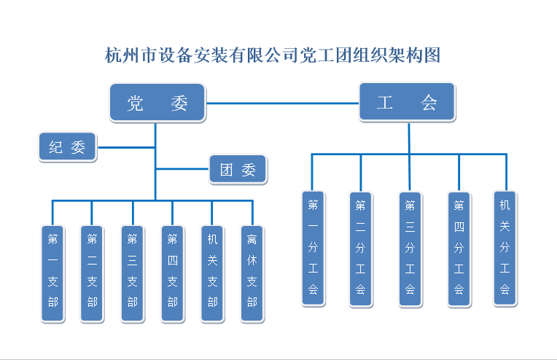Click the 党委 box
tap(157, 103)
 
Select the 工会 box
tap(407, 101)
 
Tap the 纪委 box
tap(67, 147)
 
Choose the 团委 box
tap(238, 170)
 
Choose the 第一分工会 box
tap(313, 248)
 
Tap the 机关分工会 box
tap(505, 248)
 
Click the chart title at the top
tap(273, 55)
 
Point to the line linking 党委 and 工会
tap(282, 103)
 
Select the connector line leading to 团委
tap(182, 170)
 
